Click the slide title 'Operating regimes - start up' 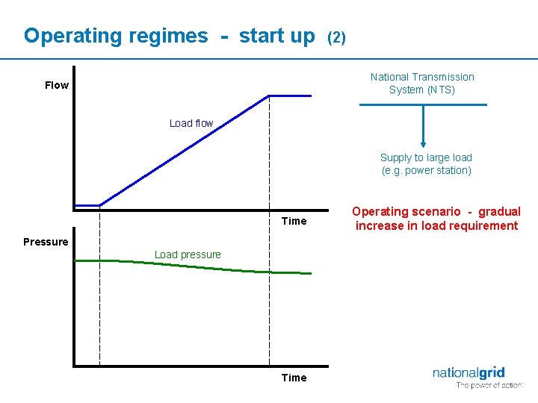pyautogui.click(x=169, y=36)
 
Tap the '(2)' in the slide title pyautogui.click(x=336, y=37)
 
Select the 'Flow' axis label pyautogui.click(x=57, y=85)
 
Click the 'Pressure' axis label pyautogui.click(x=46, y=242)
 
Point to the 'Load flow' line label pyautogui.click(x=191, y=123)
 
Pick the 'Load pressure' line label pyautogui.click(x=188, y=254)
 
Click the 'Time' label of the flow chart pyautogui.click(x=294, y=221)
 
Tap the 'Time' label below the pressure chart pyautogui.click(x=294, y=378)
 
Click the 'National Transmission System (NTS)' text pyautogui.click(x=422, y=83)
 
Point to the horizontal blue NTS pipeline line pyautogui.click(x=389, y=105)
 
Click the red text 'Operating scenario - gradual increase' pyautogui.click(x=436, y=219)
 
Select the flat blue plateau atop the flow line pyautogui.click(x=290, y=96)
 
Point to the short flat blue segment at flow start pyautogui.click(x=87, y=205)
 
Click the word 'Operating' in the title pyautogui.click(x=65, y=36)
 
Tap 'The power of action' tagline pyautogui.click(x=489, y=386)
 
